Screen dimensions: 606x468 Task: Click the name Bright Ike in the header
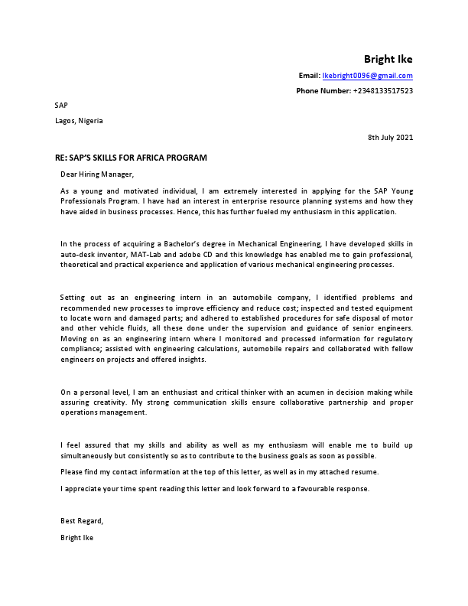388,60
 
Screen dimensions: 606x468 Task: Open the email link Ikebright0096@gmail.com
367,76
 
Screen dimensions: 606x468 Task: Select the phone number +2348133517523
382,91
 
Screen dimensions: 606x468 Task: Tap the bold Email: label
309,76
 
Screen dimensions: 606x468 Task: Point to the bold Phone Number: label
323,91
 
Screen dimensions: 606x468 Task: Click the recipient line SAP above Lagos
61,105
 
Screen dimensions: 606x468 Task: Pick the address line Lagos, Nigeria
79,120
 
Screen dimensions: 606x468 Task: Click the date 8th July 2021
390,138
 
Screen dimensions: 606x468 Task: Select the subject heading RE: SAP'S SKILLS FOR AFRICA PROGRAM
131,158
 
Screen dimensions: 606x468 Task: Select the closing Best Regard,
82,521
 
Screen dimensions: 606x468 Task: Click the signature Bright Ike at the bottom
77,537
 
